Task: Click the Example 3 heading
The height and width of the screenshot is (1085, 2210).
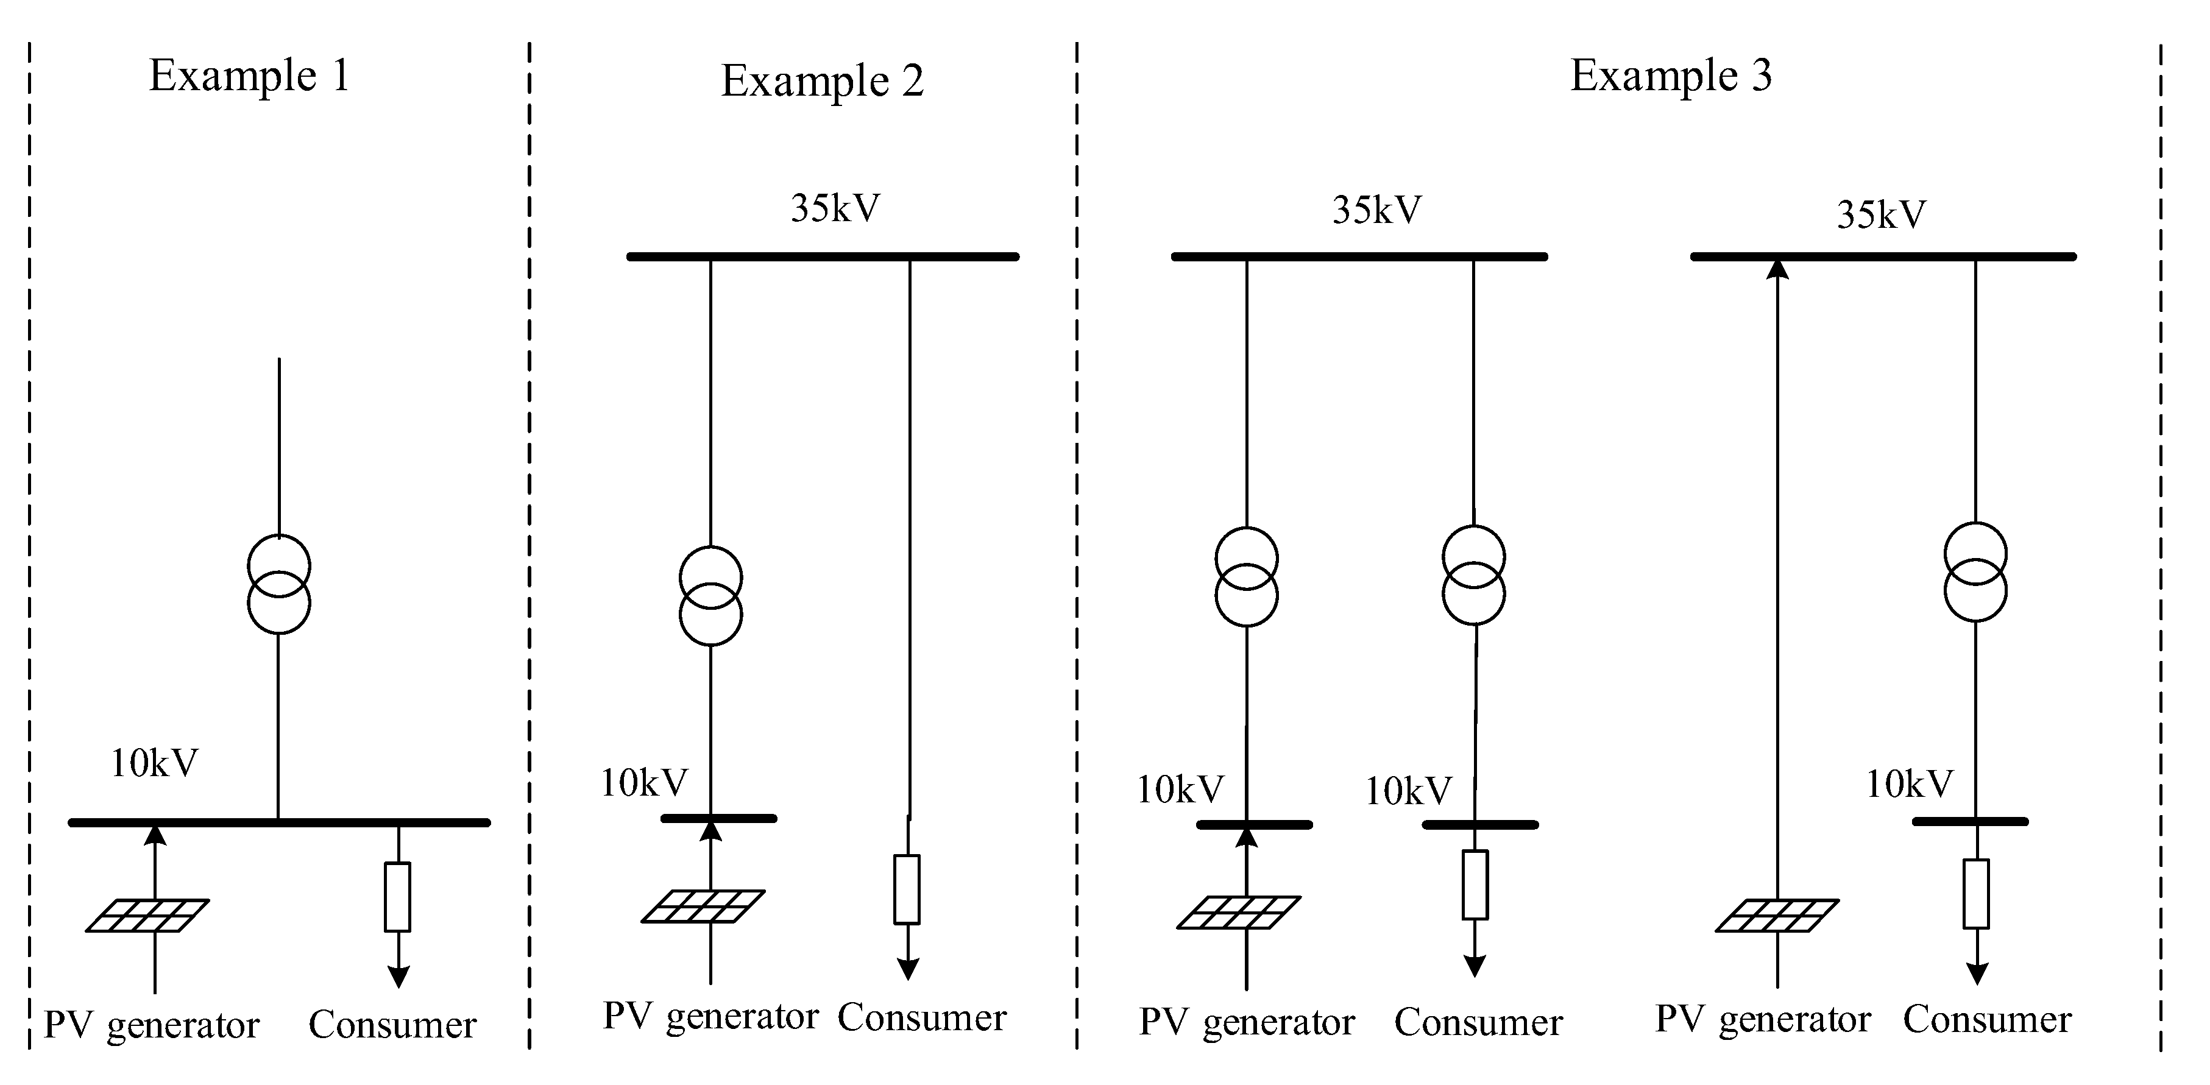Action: click(x=1670, y=76)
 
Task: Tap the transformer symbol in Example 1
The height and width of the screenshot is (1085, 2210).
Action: click(x=279, y=584)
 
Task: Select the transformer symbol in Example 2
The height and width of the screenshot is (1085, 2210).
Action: click(x=710, y=596)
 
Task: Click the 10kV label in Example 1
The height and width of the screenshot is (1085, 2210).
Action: click(x=154, y=763)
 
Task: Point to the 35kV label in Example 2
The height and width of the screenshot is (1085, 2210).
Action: click(x=835, y=208)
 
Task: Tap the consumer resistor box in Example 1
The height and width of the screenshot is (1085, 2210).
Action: click(x=397, y=896)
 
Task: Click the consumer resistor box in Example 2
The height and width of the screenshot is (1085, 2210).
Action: click(x=907, y=889)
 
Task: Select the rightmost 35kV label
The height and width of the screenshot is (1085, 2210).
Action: click(x=1880, y=214)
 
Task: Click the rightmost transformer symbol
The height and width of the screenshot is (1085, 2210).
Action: click(x=1975, y=571)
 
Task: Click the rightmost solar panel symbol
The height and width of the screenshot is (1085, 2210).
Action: click(x=1777, y=915)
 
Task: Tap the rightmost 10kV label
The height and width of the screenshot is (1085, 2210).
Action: click(x=1909, y=785)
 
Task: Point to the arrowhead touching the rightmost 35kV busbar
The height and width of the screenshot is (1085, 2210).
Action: click(x=1777, y=269)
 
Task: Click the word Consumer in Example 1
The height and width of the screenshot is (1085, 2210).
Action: click(x=392, y=1024)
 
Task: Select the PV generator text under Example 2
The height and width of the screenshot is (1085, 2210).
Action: click(x=710, y=1016)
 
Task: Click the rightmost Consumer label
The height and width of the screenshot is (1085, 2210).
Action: click(x=1987, y=1020)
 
